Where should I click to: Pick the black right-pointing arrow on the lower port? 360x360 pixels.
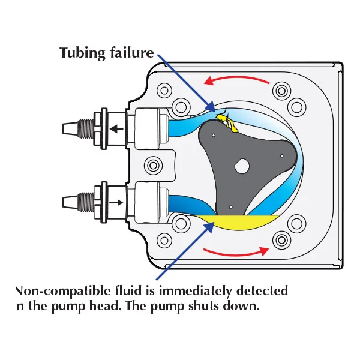(121, 202)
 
